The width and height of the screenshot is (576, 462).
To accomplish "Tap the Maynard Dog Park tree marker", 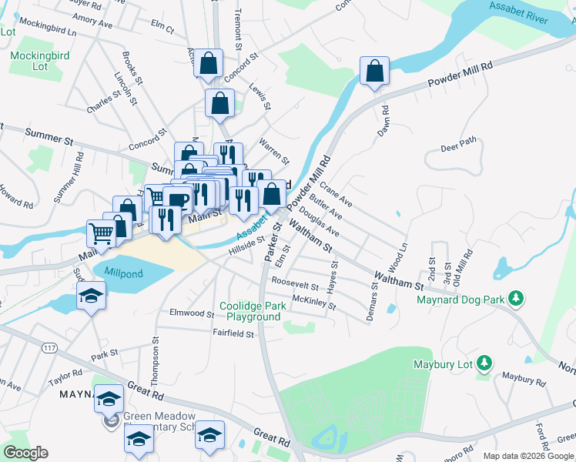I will [x=518, y=298].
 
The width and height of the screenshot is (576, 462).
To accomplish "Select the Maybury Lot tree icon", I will [x=484, y=362].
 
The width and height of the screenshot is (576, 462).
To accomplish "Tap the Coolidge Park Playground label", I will [x=253, y=311].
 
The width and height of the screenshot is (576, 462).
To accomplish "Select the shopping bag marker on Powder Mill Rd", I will [x=374, y=71].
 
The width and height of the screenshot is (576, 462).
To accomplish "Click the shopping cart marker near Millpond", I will [x=101, y=231].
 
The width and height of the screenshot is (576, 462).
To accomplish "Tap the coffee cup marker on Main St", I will [x=177, y=200].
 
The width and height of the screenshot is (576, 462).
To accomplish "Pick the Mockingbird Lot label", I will [x=29, y=61].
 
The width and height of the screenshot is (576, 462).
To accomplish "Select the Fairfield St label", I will [x=234, y=333].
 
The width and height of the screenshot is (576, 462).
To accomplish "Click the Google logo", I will [x=25, y=453].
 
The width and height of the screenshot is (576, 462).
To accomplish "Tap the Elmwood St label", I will [x=192, y=313].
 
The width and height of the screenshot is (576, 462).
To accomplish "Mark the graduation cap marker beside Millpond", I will [x=91, y=296].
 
